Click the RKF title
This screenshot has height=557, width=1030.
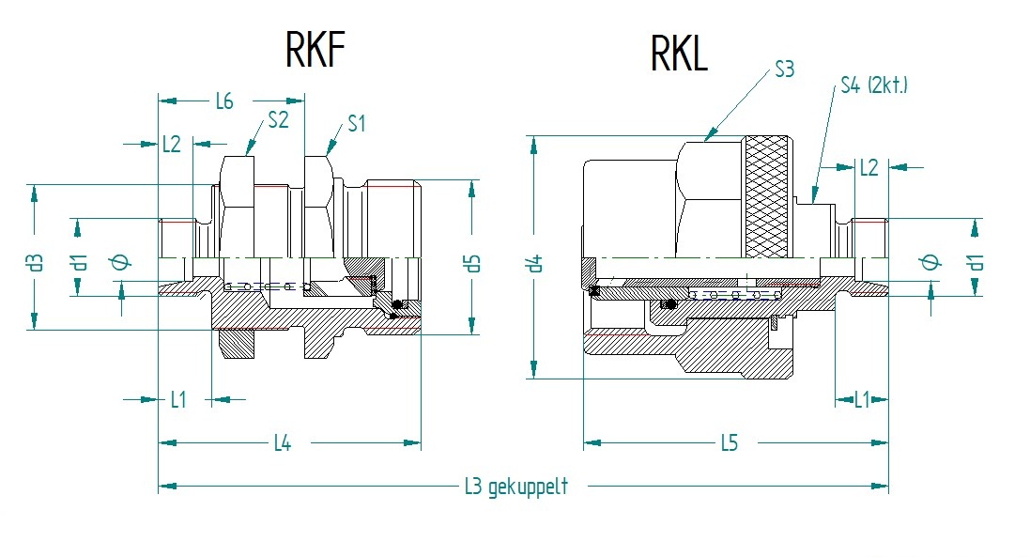pyautogui.click(x=316, y=51)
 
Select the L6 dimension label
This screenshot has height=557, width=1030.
pyautogui.click(x=224, y=101)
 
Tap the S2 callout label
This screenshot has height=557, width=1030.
pyautogui.click(x=278, y=120)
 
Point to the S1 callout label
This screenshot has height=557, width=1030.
pyautogui.click(x=357, y=123)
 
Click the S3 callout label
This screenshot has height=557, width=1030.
pyautogui.click(x=784, y=70)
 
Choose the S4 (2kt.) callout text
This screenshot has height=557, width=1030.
pyautogui.click(x=873, y=87)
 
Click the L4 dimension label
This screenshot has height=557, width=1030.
pyautogui.click(x=282, y=442)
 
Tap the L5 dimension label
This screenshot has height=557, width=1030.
pyautogui.click(x=729, y=442)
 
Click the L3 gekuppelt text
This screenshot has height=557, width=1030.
pyautogui.click(x=516, y=487)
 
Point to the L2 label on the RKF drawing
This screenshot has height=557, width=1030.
pyautogui.click(x=171, y=144)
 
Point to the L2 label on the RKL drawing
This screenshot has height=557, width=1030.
pyautogui.click(x=869, y=167)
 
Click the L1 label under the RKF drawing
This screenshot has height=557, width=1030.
pyautogui.click(x=178, y=399)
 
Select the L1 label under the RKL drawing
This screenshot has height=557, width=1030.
pyautogui.click(x=861, y=399)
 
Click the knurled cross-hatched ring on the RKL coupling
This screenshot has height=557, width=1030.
pyautogui.click(x=771, y=199)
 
